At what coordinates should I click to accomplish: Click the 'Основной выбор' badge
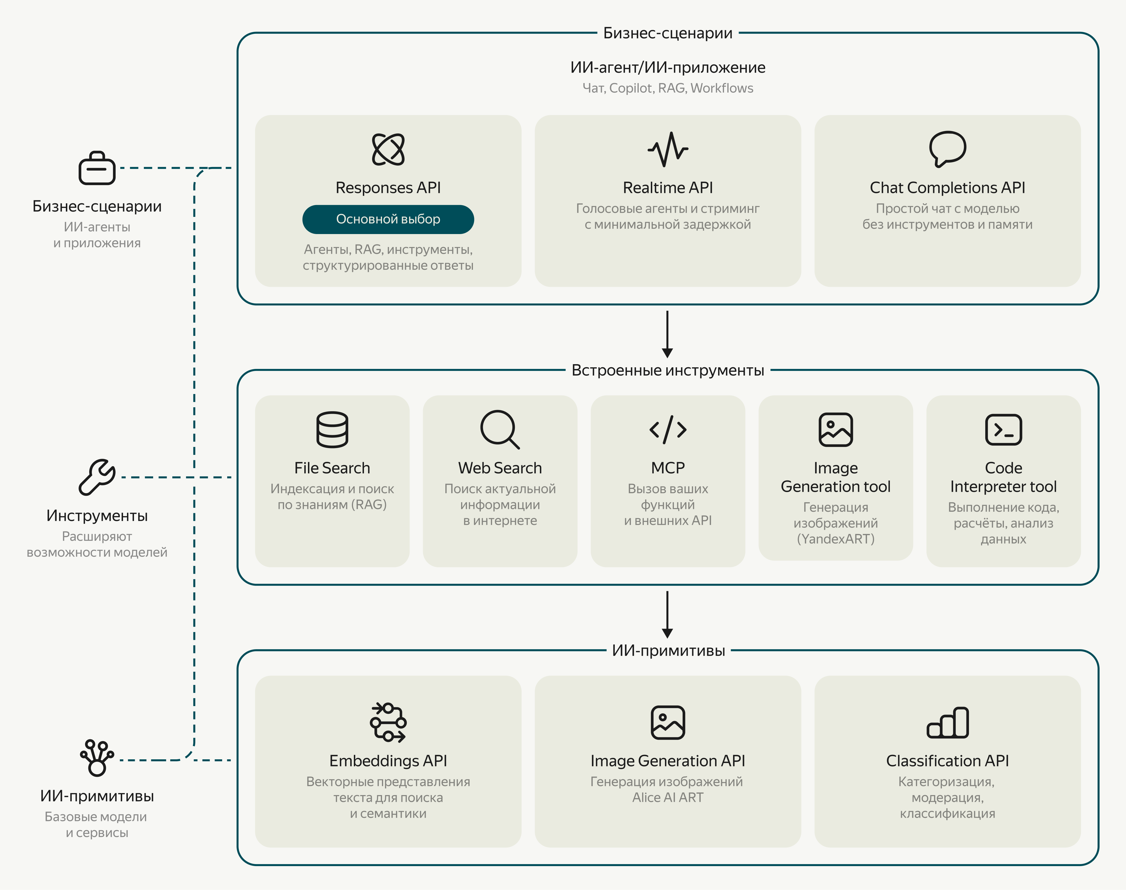coord(388,219)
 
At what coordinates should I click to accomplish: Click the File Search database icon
coord(332,429)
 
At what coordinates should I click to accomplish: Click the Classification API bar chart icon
coord(947,723)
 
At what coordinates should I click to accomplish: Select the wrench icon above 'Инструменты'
coord(97,477)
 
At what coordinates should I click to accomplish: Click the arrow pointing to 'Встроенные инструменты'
coord(667,334)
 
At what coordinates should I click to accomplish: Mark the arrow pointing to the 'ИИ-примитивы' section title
coord(667,614)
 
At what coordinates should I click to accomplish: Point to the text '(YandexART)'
coord(835,539)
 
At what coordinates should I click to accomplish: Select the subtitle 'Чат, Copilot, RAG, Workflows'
coord(668,88)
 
